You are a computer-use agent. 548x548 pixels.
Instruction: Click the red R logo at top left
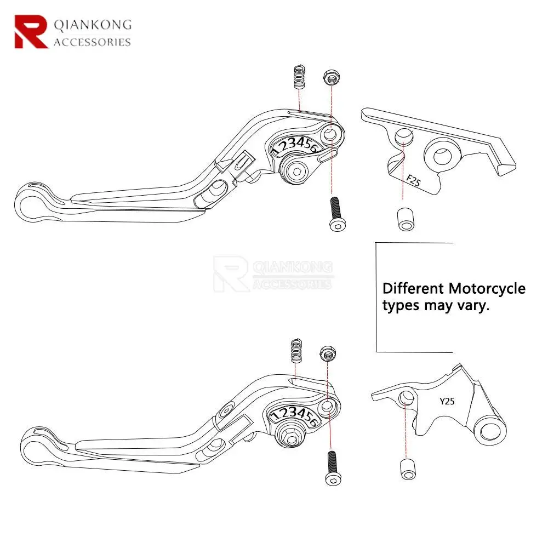coord(32,31)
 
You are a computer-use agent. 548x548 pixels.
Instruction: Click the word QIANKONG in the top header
coord(92,25)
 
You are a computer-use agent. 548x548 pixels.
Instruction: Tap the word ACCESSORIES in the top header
coord(92,42)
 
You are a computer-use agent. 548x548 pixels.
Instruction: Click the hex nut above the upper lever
coord(330,77)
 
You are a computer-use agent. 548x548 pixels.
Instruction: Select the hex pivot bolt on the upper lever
coord(295,172)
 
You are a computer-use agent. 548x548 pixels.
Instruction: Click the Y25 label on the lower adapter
coord(447,401)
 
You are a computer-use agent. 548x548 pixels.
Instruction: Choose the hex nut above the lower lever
coord(329,353)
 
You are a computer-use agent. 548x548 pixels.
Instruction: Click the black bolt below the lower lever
coord(332,467)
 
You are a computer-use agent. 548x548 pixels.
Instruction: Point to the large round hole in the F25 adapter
coord(442,155)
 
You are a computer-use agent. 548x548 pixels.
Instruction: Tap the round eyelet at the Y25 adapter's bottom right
coord(491,430)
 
